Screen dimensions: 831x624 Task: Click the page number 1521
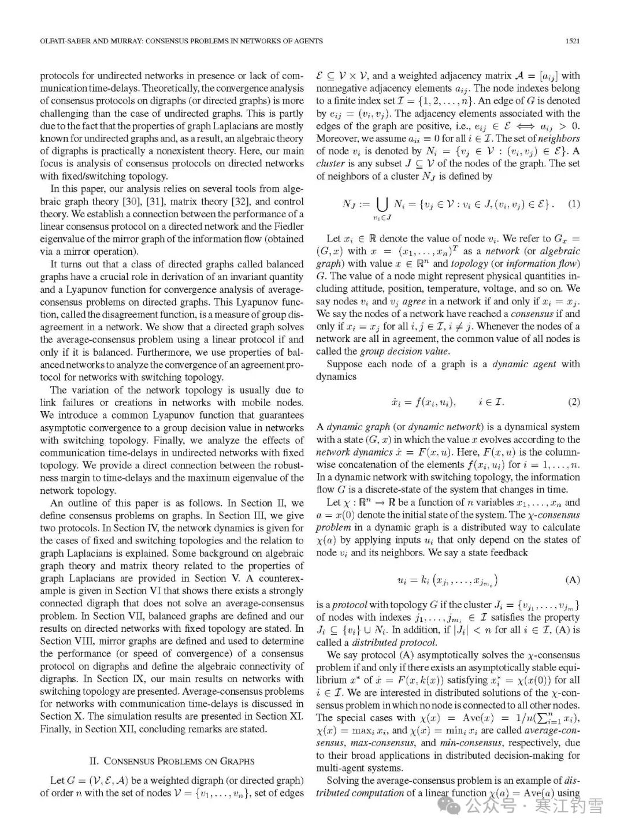pyautogui.click(x=573, y=41)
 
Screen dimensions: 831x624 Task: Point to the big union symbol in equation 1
pyautogui.click(x=382, y=204)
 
